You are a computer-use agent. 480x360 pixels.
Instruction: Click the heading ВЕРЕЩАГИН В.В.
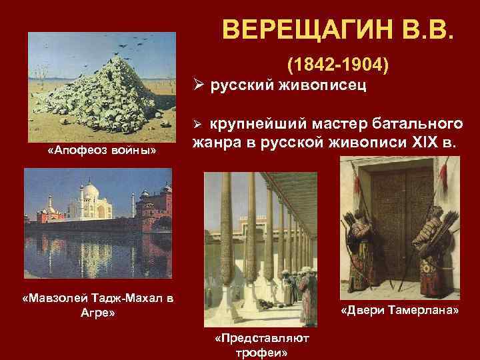click(341, 30)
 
